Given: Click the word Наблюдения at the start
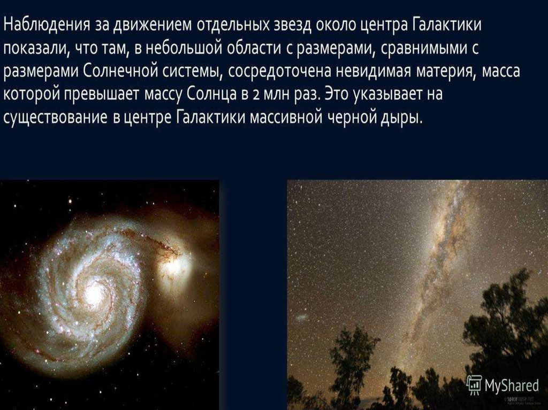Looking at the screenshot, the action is coord(47,26).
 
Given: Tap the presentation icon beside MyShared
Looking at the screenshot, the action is coord(474,384).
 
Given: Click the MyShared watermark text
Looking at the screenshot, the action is coord(512,385).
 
